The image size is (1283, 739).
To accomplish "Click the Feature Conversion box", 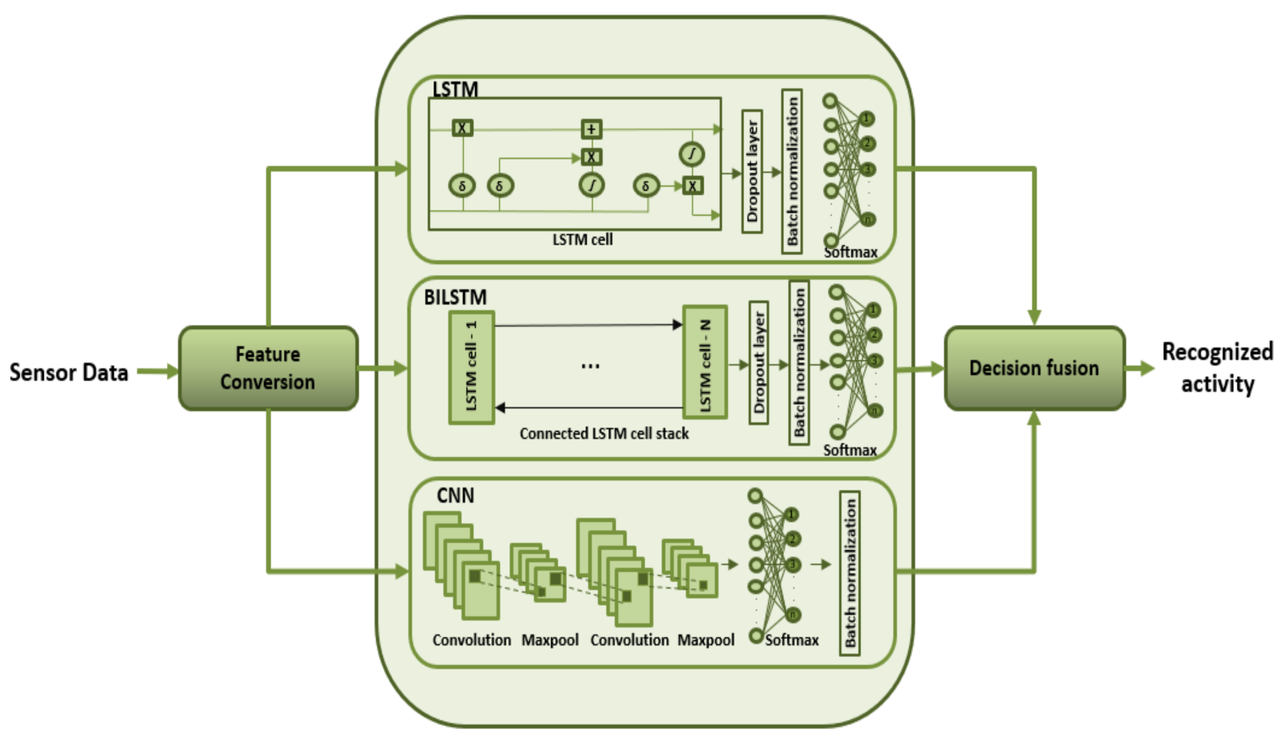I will pyautogui.click(x=268, y=368).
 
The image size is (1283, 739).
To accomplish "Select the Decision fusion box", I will pyautogui.click(x=1034, y=368).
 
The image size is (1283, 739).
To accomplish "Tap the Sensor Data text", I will pyautogui.click(x=69, y=373).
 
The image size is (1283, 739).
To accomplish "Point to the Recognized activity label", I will pyautogui.click(x=1217, y=368).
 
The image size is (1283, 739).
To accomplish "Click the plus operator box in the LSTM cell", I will pyautogui.click(x=591, y=129).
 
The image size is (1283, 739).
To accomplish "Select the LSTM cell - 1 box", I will pyautogui.click(x=471, y=367).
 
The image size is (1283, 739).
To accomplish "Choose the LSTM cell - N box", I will pyautogui.click(x=704, y=362).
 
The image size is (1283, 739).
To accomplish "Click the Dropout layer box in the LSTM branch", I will pyautogui.click(x=752, y=172).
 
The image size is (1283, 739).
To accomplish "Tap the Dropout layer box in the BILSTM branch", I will pyautogui.click(x=759, y=362).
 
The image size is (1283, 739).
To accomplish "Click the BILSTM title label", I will pyautogui.click(x=455, y=298).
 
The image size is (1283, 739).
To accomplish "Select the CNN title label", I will pyautogui.click(x=455, y=495).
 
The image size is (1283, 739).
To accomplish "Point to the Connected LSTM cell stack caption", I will pyautogui.click(x=604, y=433).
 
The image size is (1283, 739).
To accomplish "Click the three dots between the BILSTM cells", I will pyautogui.click(x=590, y=366).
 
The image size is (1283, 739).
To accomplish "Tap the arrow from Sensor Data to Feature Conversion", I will pyautogui.click(x=157, y=371).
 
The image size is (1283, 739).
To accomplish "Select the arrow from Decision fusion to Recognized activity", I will pyautogui.click(x=1140, y=368).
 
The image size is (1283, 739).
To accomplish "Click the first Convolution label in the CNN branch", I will pyautogui.click(x=471, y=640).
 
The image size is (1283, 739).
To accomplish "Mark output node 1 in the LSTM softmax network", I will pyautogui.click(x=867, y=119).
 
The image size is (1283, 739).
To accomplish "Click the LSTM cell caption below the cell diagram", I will pyautogui.click(x=583, y=239).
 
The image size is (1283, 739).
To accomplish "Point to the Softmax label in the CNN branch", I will pyautogui.click(x=791, y=640).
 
